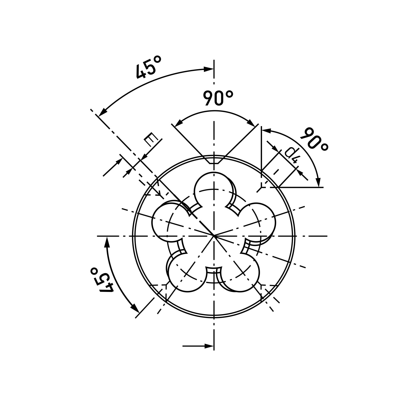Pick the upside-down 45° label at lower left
point(102,280)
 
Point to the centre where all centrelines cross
point(214,236)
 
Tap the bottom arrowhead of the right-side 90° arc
point(319,182)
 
